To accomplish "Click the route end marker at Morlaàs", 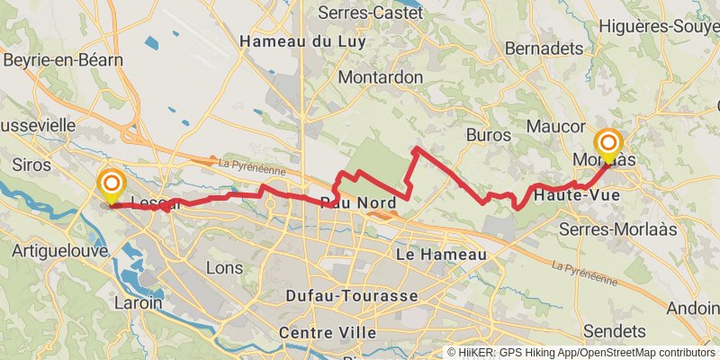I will [609, 145].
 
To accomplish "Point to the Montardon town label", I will [381, 77].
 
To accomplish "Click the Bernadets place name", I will [539, 48].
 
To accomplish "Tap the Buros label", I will [490, 135].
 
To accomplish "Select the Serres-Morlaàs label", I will [616, 229].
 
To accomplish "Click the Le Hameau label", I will [441, 256].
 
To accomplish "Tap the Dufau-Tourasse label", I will [351, 295].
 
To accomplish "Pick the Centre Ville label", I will [328, 333].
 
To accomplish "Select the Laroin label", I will [139, 302].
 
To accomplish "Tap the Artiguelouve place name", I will [60, 250].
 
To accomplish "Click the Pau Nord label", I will [359, 202].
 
